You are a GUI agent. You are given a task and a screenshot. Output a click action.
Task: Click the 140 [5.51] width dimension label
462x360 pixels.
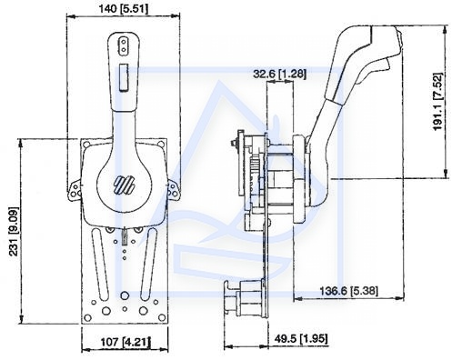pyautogui.click(x=124, y=9)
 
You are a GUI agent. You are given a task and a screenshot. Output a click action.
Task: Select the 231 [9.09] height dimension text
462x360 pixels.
pyautogui.click(x=14, y=231)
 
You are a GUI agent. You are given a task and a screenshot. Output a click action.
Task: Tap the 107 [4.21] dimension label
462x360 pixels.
pyautogui.click(x=126, y=343)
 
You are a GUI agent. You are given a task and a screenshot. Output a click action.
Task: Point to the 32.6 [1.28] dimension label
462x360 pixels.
pyautogui.click(x=279, y=74)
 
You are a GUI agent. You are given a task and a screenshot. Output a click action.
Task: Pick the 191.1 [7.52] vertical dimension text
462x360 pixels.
pyautogui.click(x=437, y=102)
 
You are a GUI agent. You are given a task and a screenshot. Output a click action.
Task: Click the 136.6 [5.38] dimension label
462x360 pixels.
pyautogui.click(x=349, y=291)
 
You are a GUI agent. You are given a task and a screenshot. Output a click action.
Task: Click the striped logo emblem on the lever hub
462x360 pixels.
pyautogui.click(x=124, y=185)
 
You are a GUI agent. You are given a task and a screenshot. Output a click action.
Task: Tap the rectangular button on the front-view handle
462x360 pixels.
pyautogui.click(x=124, y=77)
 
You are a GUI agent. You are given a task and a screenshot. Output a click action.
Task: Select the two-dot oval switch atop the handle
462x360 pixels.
pyautogui.click(x=124, y=45)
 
